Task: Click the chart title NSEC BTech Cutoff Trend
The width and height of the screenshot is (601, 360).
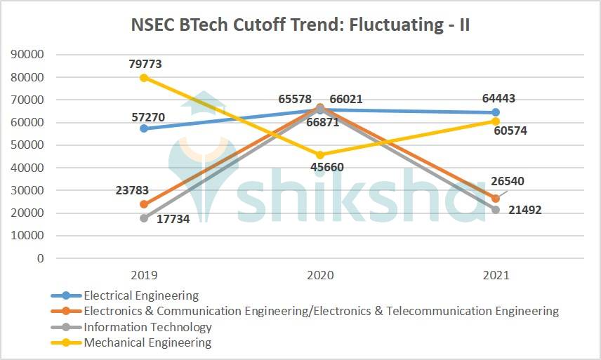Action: (x=300, y=26)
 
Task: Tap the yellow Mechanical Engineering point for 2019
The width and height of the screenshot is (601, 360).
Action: (x=144, y=78)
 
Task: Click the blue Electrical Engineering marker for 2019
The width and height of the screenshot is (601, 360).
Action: (x=144, y=128)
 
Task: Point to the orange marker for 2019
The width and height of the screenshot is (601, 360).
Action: (x=144, y=204)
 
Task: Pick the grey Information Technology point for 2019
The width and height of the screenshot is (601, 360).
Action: (x=144, y=218)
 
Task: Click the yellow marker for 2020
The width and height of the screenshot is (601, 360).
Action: (x=320, y=155)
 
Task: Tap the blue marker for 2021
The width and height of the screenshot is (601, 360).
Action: (x=496, y=112)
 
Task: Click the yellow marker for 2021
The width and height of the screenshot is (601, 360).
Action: (x=496, y=121)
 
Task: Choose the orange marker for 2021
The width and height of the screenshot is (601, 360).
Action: (x=496, y=198)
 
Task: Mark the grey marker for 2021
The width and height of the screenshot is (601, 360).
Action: (x=496, y=210)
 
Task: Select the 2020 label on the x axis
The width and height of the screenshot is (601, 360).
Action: (x=320, y=275)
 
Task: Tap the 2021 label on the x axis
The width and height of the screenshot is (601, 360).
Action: (x=496, y=275)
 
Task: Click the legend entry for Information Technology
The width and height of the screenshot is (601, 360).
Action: (x=147, y=327)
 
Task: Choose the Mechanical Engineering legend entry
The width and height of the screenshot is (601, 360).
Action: (x=147, y=343)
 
